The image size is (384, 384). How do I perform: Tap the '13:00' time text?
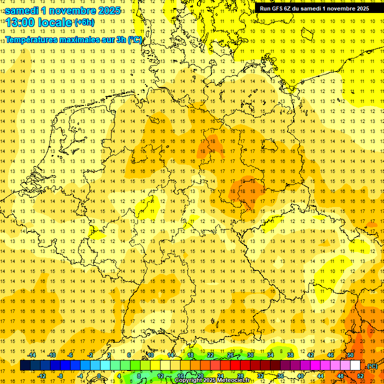coord(20,22)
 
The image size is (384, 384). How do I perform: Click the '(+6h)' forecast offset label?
coord(83,22)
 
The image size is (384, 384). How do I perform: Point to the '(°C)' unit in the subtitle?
coord(134,39)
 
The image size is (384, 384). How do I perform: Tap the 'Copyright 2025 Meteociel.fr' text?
coord(212,380)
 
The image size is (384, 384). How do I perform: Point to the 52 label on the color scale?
coord(360,376)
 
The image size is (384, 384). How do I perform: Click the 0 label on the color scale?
coord(99,376)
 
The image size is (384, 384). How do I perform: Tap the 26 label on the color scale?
coord(230,354)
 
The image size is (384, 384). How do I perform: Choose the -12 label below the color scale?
coord(42,376)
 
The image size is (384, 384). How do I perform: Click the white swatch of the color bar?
coord(355,365)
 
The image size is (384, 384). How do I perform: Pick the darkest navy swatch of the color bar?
coord(25,365)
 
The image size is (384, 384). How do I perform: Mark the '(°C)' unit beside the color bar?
coord(371,366)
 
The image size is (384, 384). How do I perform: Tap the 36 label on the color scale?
coord(280,376)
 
